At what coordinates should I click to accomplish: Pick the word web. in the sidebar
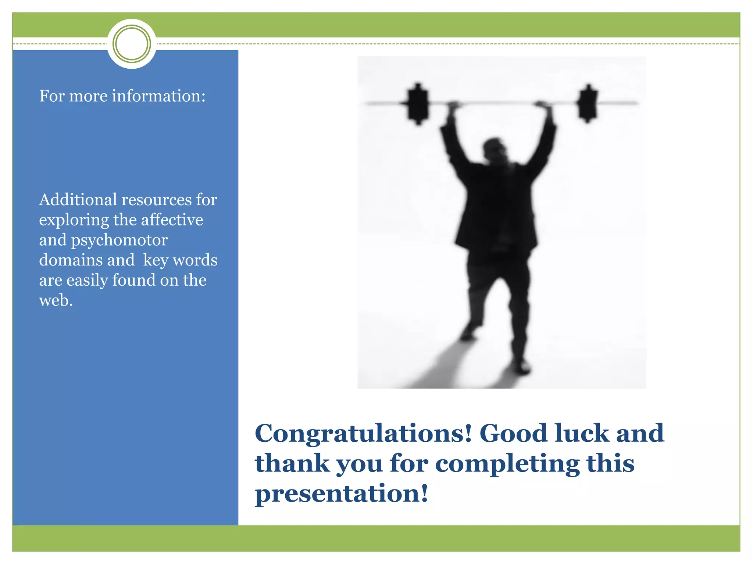pyautogui.click(x=56, y=300)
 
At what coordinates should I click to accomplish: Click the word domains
pyautogui.click(x=87, y=260)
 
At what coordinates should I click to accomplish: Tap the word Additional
pyautogui.click(x=78, y=200)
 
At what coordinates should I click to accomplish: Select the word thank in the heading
pyautogui.click(x=292, y=463)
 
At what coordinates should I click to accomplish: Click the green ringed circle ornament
pyautogui.click(x=132, y=44)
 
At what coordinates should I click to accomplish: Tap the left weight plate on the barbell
pyautogui.click(x=418, y=104)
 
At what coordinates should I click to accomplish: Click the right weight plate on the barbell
pyautogui.click(x=587, y=103)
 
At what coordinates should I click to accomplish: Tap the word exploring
pyautogui.click(x=74, y=220)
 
